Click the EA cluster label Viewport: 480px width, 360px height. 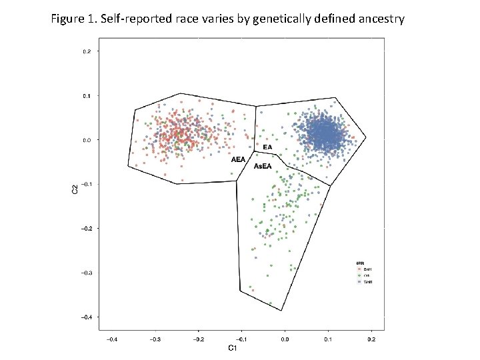click(267, 147)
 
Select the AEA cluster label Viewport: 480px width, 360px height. click(238, 160)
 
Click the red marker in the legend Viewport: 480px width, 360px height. click(359, 268)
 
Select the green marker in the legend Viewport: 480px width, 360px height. click(359, 275)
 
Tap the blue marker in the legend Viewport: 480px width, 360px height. click(359, 282)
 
